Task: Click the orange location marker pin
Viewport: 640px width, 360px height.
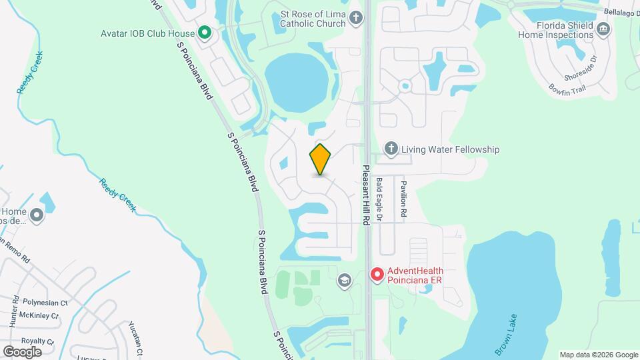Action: (x=321, y=159)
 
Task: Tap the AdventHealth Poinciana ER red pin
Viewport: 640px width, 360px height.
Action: (x=377, y=274)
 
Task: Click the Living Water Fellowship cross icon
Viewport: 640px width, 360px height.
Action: (x=391, y=149)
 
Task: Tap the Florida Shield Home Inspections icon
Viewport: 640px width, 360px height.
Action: (x=603, y=29)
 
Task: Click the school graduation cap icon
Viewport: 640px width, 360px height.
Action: (x=344, y=279)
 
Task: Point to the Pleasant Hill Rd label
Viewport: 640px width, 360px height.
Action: (x=365, y=195)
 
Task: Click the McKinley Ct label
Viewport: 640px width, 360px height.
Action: (x=38, y=315)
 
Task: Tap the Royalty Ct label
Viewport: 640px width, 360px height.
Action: (x=37, y=341)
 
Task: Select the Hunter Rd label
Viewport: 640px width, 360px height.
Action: (x=13, y=312)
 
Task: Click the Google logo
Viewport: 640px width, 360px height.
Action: (x=22, y=351)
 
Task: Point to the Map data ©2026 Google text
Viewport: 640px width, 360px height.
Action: (x=599, y=355)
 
